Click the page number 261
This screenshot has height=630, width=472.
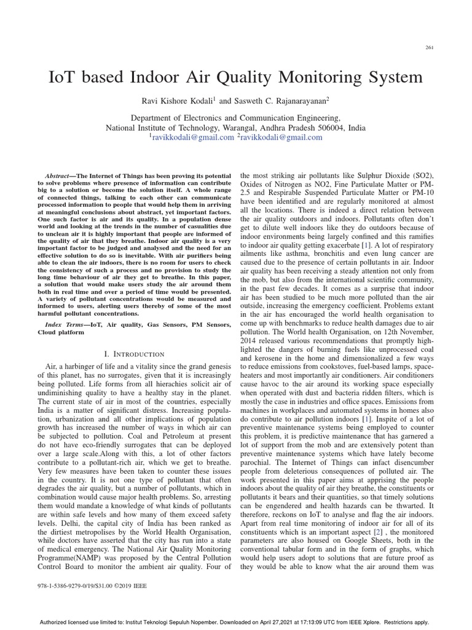point(429,48)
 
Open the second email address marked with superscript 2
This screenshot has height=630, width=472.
point(281,138)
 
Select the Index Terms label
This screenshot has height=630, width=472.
point(66,324)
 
